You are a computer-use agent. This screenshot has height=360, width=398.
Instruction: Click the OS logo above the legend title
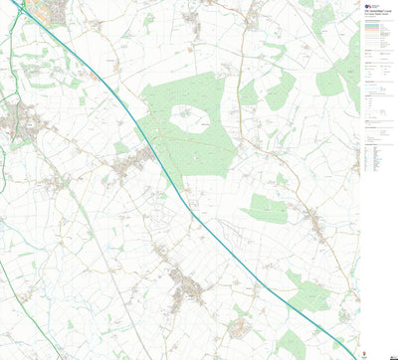369,7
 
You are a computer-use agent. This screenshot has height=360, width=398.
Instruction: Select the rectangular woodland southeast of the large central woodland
265,208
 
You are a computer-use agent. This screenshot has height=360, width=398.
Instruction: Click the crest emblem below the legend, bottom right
370,347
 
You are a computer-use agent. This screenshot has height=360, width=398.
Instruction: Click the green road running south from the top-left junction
12,60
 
